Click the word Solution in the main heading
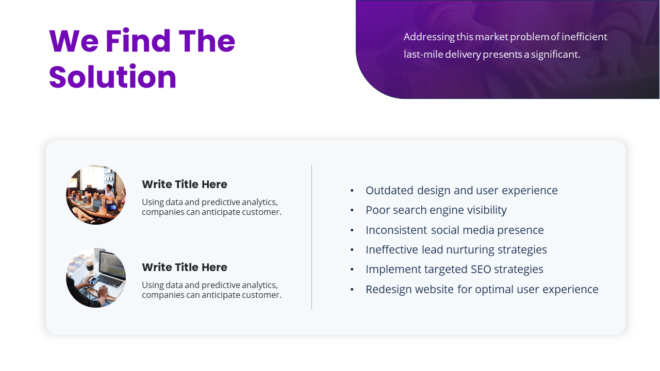[x=112, y=77]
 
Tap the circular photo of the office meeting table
[x=96, y=195]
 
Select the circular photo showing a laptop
[x=96, y=278]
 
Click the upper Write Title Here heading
[x=185, y=184]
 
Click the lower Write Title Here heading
[x=185, y=267]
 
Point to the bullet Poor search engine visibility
[x=436, y=210]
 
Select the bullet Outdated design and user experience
[x=461, y=191]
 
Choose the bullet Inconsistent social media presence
[x=454, y=230]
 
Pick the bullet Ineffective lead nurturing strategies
[x=456, y=250]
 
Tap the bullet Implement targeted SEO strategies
[x=454, y=269]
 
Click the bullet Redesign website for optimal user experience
[x=482, y=290]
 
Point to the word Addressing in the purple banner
[x=429, y=37]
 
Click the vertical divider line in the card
[x=312, y=237]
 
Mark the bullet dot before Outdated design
[x=352, y=191]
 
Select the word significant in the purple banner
[x=555, y=55]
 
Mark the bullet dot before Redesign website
[x=352, y=290]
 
